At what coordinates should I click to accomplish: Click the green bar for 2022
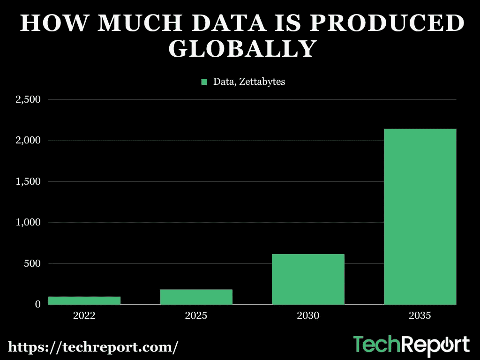84,300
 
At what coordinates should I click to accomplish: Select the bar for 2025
196,297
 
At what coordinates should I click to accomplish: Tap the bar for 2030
308,279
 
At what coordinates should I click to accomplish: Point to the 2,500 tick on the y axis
29,100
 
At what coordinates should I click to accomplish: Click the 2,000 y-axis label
29,141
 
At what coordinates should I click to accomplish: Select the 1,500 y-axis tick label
29,181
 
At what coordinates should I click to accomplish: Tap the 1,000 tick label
29,223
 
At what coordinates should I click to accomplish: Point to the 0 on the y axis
37,305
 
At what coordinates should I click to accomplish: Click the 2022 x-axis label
84,315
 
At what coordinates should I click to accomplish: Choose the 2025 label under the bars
196,315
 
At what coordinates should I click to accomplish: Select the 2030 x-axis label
308,315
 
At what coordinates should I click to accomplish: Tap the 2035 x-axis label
420,315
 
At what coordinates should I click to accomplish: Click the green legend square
204,82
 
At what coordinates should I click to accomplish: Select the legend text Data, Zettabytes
249,82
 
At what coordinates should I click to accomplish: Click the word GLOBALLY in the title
241,49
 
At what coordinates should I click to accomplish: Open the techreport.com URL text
93,347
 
